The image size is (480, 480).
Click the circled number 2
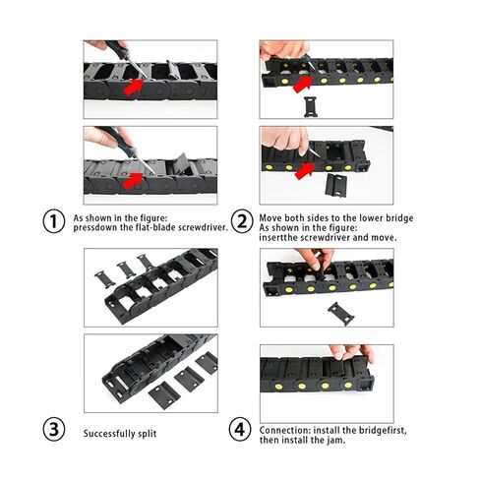(x=241, y=220)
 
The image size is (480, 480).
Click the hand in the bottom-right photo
(x=349, y=351)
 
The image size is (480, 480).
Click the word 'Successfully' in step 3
(x=108, y=433)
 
